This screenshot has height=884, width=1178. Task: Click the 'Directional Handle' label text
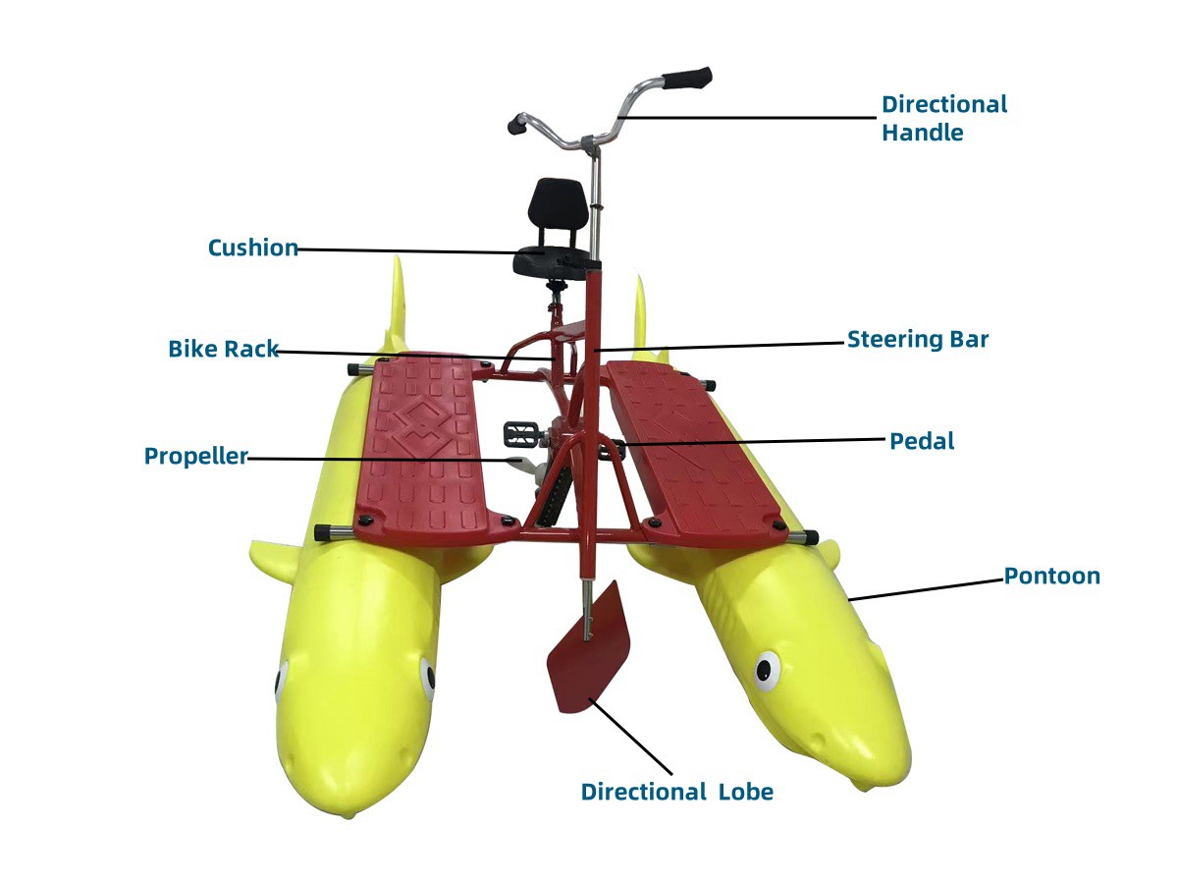pos(943,118)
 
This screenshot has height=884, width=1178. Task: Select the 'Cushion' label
pos(252,248)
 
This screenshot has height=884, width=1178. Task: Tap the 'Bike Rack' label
pos(223,349)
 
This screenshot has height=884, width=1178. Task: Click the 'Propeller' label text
pos(195,456)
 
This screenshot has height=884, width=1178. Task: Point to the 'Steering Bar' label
pos(918,340)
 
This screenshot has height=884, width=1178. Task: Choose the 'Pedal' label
pos(922,441)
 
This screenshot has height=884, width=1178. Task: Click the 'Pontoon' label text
pos(1051,576)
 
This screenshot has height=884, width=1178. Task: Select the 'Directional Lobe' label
pos(676,792)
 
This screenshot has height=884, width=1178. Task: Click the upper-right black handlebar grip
pos(687,77)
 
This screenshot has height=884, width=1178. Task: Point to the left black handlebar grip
pos(518,125)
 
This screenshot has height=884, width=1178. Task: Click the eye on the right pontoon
pos(767,671)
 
